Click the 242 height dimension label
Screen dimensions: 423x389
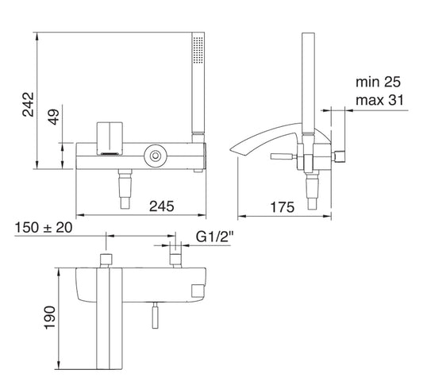click(x=29, y=105)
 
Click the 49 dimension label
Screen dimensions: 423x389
click(x=54, y=117)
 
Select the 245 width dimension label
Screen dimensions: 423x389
click(x=162, y=206)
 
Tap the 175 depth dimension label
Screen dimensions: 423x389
click(x=283, y=207)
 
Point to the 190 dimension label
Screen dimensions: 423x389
click(x=50, y=318)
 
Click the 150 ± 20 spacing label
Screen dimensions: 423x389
click(x=44, y=227)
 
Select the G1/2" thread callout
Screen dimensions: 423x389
click(x=215, y=237)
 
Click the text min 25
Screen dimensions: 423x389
click(x=379, y=82)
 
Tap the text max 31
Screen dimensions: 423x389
click(x=379, y=100)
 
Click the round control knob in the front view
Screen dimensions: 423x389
click(x=155, y=156)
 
